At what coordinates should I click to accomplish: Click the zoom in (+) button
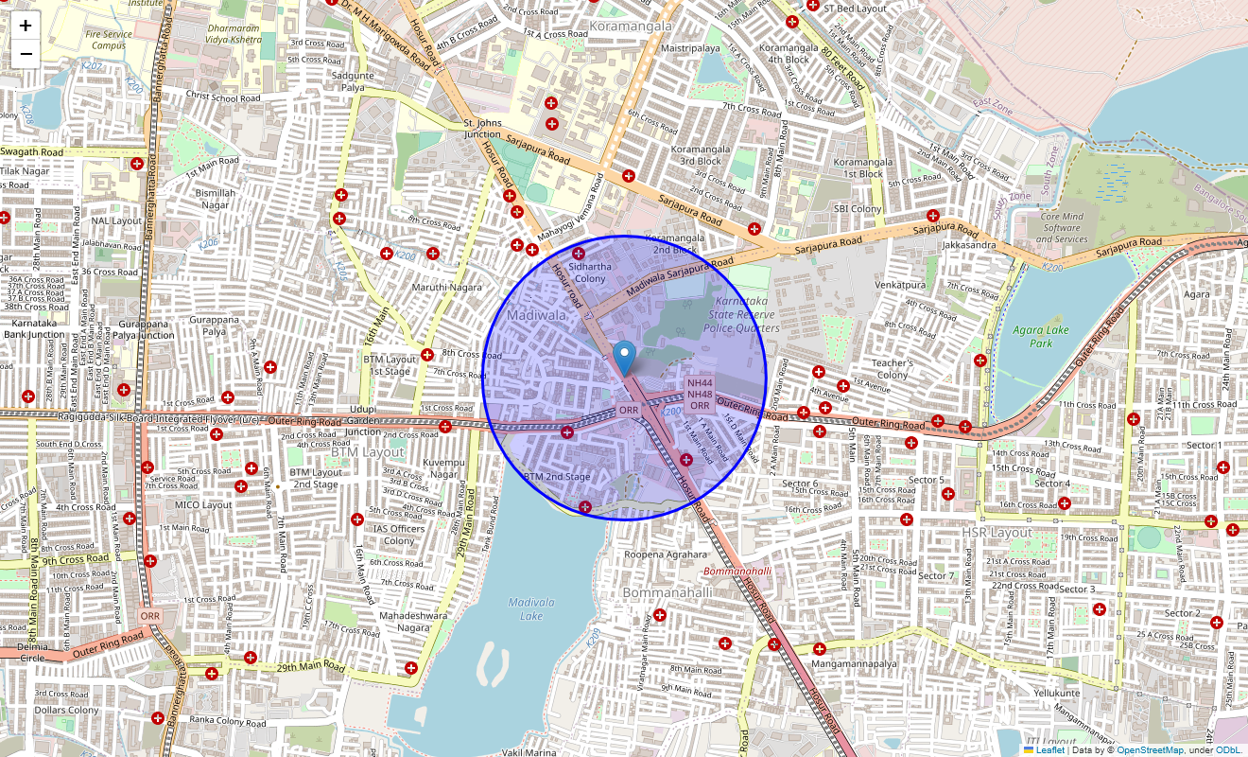point(26,26)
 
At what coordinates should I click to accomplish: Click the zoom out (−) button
point(26,54)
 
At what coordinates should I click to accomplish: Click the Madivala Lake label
point(531,608)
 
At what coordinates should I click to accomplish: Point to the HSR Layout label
point(997,533)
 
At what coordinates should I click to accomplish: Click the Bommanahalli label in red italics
point(737,572)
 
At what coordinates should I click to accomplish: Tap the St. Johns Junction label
point(482,129)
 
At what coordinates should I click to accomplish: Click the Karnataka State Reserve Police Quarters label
point(740,314)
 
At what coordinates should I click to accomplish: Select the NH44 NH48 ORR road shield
point(700,394)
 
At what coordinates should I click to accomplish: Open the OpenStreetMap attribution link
point(1150,750)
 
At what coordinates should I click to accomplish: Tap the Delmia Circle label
point(19,651)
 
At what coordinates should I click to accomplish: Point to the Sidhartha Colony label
point(590,273)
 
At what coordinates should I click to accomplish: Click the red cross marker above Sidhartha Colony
point(579,253)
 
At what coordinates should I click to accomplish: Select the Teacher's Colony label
point(892,369)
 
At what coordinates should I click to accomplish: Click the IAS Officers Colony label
point(399,535)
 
